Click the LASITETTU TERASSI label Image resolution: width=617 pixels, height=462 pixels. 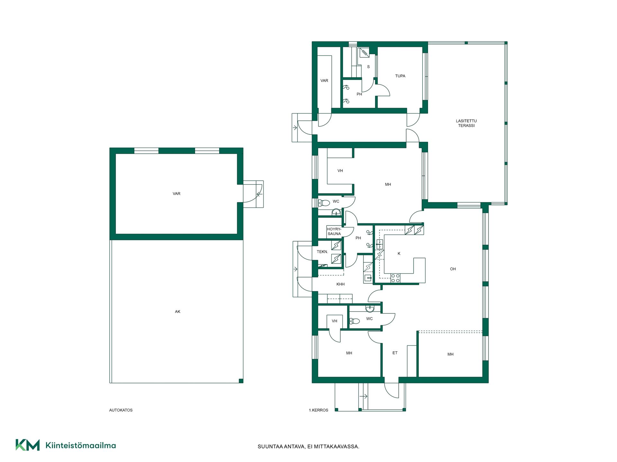pos(466,123)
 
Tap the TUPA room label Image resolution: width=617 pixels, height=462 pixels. pos(400,76)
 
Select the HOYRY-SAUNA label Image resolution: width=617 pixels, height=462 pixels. pos(334,231)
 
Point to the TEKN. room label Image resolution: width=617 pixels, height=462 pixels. pos(322,252)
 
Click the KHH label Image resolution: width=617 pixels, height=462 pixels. pos(340,284)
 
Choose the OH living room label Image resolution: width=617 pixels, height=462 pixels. pos(453,269)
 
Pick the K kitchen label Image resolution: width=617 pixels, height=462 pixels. pos(399,254)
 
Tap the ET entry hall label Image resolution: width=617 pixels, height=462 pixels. pos(395,353)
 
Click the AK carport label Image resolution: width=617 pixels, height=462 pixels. pos(178,312)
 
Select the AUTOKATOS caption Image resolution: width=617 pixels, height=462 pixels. pos(121,410)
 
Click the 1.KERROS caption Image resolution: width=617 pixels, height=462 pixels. pos(318,410)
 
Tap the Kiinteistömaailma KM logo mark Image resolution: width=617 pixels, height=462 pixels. pos(28,445)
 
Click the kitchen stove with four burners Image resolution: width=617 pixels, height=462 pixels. pos(396,278)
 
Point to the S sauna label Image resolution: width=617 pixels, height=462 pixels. pos(368,67)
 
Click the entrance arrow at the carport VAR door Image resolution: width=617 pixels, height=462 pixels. pos(259,194)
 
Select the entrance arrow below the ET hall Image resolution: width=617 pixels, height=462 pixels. pos(363,397)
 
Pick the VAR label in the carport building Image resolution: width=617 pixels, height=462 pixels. pos(176,194)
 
